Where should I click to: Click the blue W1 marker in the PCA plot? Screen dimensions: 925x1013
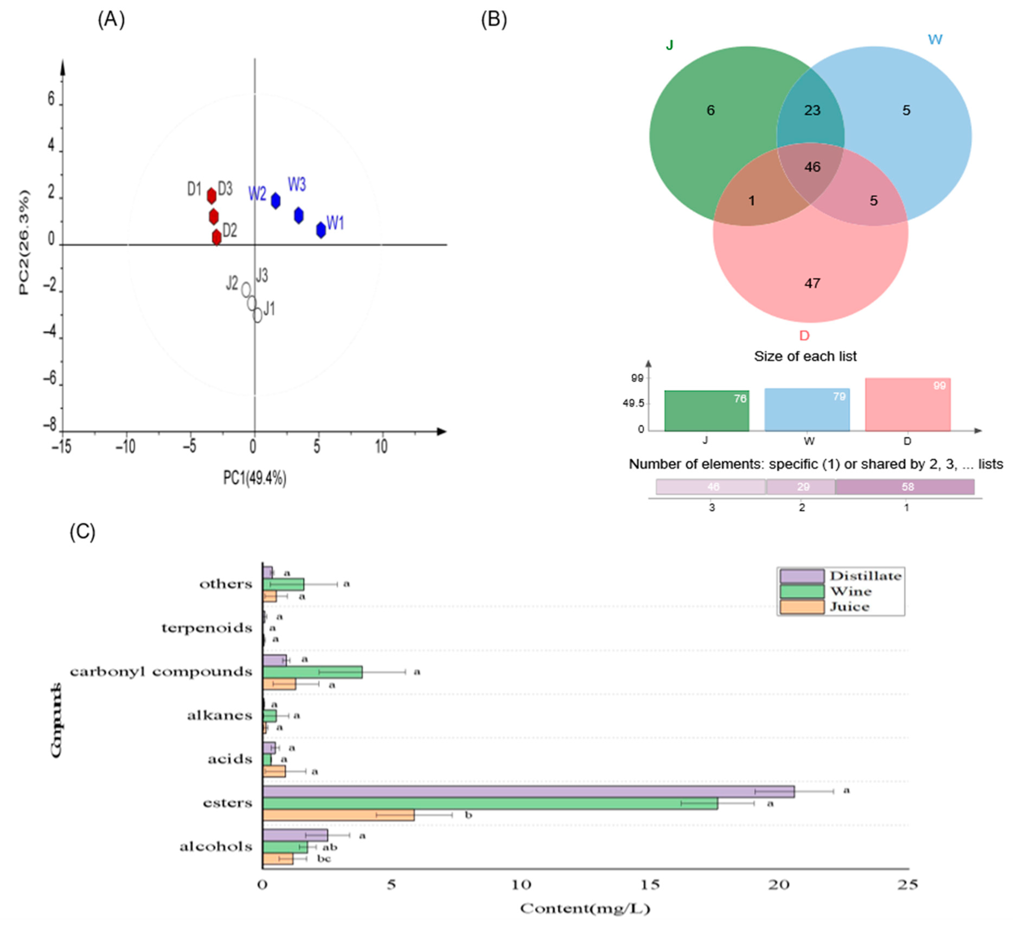[x=320, y=230]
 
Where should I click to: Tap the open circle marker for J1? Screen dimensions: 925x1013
[x=257, y=315]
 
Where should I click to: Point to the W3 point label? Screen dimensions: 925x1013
[x=296, y=185]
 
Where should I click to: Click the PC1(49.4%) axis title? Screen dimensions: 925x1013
[x=255, y=478]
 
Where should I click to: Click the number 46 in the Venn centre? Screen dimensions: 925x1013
[x=812, y=167]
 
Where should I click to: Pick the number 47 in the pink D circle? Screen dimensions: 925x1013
[x=812, y=283]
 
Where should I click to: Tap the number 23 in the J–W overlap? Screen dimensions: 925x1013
[x=812, y=110]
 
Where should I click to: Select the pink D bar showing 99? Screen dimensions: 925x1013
[x=908, y=404]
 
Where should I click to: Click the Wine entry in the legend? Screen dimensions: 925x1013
[x=850, y=591]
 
